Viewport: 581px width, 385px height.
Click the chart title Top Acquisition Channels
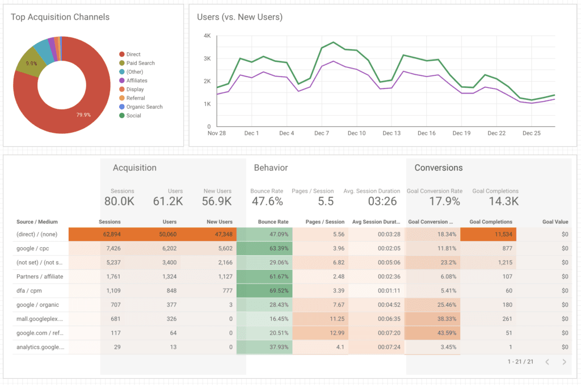coord(60,17)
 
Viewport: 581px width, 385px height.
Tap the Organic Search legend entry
coord(144,107)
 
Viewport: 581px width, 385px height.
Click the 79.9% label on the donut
coord(84,115)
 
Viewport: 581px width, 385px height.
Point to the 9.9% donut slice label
coord(31,64)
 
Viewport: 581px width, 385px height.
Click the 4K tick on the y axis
coord(207,36)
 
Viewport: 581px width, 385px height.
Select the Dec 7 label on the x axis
coord(322,134)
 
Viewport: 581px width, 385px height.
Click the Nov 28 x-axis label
coord(217,134)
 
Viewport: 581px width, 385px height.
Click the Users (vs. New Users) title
coord(239,17)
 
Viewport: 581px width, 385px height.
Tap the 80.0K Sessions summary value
coord(119,201)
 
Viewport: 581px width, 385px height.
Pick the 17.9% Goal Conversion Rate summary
coord(433,201)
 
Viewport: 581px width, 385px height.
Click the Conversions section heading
coord(438,168)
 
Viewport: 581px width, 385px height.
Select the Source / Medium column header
coord(37,222)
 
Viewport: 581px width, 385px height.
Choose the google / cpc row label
coord(32,248)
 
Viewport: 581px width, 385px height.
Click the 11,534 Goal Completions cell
coord(500,234)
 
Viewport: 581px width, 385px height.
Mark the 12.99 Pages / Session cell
coord(335,333)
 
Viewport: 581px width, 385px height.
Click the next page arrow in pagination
coord(564,362)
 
